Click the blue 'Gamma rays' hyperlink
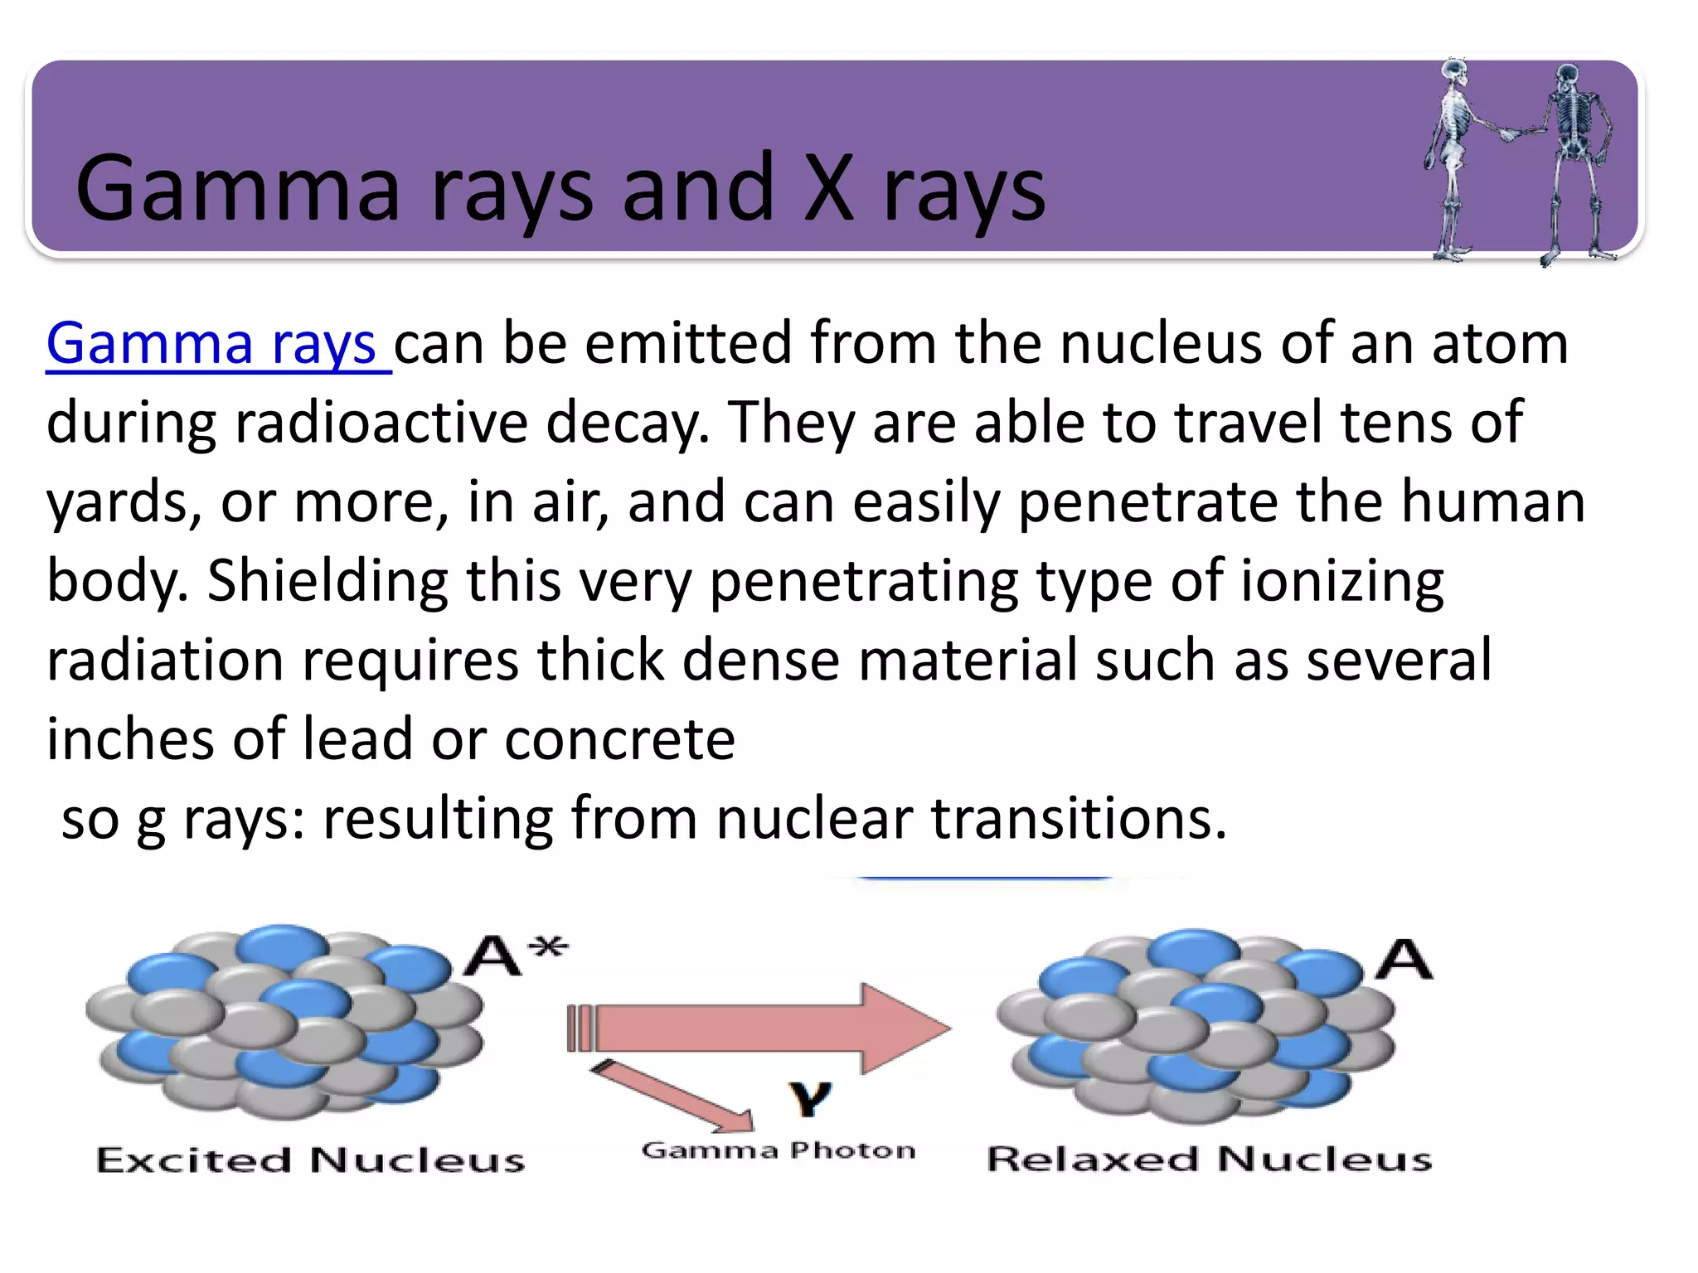pos(217,344)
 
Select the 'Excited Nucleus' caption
pos(311,1159)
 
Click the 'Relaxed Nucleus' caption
pos(1210,1159)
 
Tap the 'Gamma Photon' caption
pos(779,1150)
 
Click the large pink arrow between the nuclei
pos(763,1029)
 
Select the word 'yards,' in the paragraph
pos(124,502)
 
